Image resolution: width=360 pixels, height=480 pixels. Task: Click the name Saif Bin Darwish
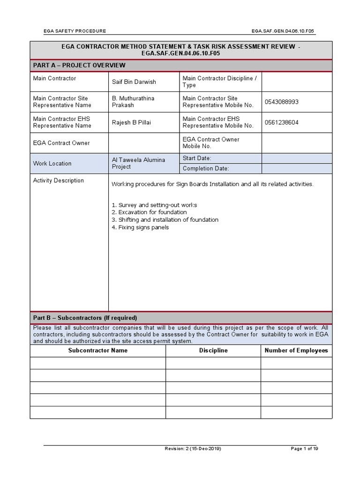(x=134, y=82)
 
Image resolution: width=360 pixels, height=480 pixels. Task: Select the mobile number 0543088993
(x=281, y=102)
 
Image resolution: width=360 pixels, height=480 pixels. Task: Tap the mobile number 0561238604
(x=281, y=123)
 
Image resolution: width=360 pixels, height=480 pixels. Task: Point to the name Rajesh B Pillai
(x=131, y=123)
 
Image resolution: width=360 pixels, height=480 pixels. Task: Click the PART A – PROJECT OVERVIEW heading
(x=79, y=65)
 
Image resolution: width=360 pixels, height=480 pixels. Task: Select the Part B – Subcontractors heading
(x=85, y=318)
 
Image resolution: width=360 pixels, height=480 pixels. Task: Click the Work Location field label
(x=52, y=164)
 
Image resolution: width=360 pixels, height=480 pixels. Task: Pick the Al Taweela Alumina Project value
(x=138, y=163)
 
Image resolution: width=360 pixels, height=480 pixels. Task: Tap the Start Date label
(x=197, y=158)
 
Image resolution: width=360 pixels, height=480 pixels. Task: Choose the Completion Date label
(x=206, y=169)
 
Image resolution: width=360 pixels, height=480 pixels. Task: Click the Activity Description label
(x=59, y=180)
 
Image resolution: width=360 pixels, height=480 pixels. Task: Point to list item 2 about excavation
(x=149, y=212)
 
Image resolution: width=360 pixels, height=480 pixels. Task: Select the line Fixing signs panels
(x=140, y=227)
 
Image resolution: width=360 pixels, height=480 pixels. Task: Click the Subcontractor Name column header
(x=97, y=351)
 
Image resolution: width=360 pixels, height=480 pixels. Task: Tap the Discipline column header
(x=213, y=351)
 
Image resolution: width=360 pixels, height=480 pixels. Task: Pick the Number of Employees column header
(x=296, y=351)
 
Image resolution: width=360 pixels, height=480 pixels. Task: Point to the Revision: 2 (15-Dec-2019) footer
(x=193, y=449)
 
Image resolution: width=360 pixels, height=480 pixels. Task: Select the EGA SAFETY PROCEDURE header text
(x=75, y=31)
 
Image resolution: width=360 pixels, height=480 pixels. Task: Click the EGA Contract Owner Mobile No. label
(x=211, y=143)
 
